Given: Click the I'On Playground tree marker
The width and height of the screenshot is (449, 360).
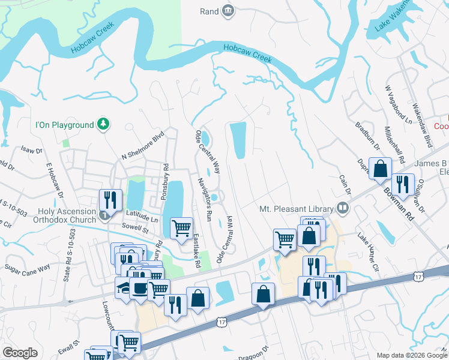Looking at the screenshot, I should coord(104,124).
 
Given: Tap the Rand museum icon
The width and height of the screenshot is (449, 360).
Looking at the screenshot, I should coord(228,10).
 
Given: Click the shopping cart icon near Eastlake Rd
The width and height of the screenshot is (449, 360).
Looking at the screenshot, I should coord(181,228).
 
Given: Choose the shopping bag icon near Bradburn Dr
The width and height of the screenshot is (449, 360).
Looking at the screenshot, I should coord(381,169).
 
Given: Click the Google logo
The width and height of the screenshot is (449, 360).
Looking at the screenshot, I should coord(20,353).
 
